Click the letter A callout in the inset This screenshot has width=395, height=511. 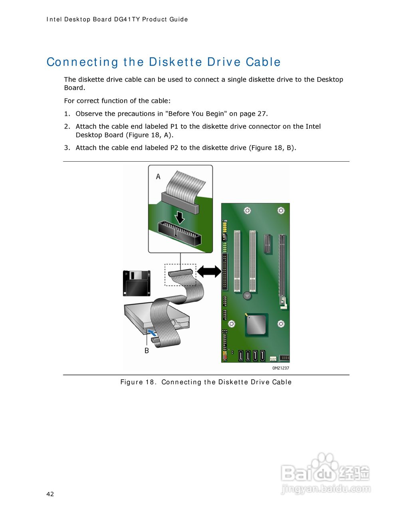pyautogui.click(x=158, y=176)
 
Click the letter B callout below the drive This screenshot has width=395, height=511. pyautogui.click(x=147, y=351)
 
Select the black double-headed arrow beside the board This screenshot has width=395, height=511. pyautogui.click(x=209, y=271)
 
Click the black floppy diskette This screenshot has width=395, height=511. pyautogui.click(x=137, y=283)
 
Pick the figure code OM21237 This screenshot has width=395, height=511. pyautogui.click(x=281, y=368)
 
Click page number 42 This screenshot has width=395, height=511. pyautogui.click(x=50, y=494)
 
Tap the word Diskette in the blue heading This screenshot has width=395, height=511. pyautogui.click(x=175, y=62)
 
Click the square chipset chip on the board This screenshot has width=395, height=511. pyautogui.click(x=256, y=325)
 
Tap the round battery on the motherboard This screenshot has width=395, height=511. pyautogui.click(x=247, y=295)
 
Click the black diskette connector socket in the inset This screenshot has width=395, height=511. pyautogui.click(x=179, y=233)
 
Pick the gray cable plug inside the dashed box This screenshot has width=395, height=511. pyautogui.click(x=181, y=273)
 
